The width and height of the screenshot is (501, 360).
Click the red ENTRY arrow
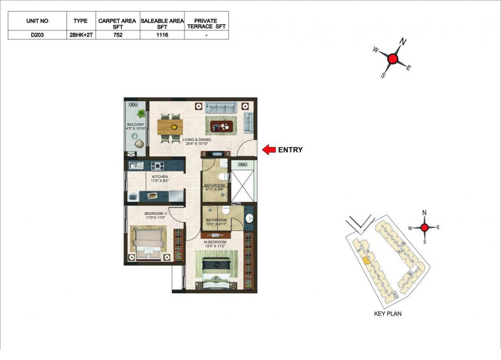[x=269, y=150]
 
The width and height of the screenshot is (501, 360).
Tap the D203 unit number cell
[x=37, y=35]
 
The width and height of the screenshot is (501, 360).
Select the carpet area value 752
[x=117, y=35]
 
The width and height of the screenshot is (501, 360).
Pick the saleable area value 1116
[x=162, y=35]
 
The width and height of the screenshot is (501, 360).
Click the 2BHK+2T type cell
[x=81, y=35]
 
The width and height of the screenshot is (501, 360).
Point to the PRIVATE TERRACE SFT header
[x=206, y=23]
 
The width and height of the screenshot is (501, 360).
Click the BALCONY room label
[x=136, y=124]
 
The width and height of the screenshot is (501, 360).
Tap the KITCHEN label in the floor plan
[x=160, y=177]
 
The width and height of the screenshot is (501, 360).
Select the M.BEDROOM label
[x=215, y=242]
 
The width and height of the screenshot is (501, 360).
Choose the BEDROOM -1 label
[x=156, y=213]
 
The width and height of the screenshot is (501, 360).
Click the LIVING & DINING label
[x=197, y=139]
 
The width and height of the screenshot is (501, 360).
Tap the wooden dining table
[x=170, y=127]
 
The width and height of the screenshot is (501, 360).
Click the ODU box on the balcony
[x=133, y=105]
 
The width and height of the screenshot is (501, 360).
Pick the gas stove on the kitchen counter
[x=158, y=166]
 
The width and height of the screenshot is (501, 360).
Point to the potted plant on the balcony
[x=141, y=113]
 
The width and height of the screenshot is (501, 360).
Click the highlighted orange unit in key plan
[x=366, y=261]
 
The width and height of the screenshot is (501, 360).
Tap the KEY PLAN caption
[x=387, y=314]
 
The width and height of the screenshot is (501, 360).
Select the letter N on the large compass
[x=403, y=42]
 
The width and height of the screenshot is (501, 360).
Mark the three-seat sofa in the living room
[x=221, y=107]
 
